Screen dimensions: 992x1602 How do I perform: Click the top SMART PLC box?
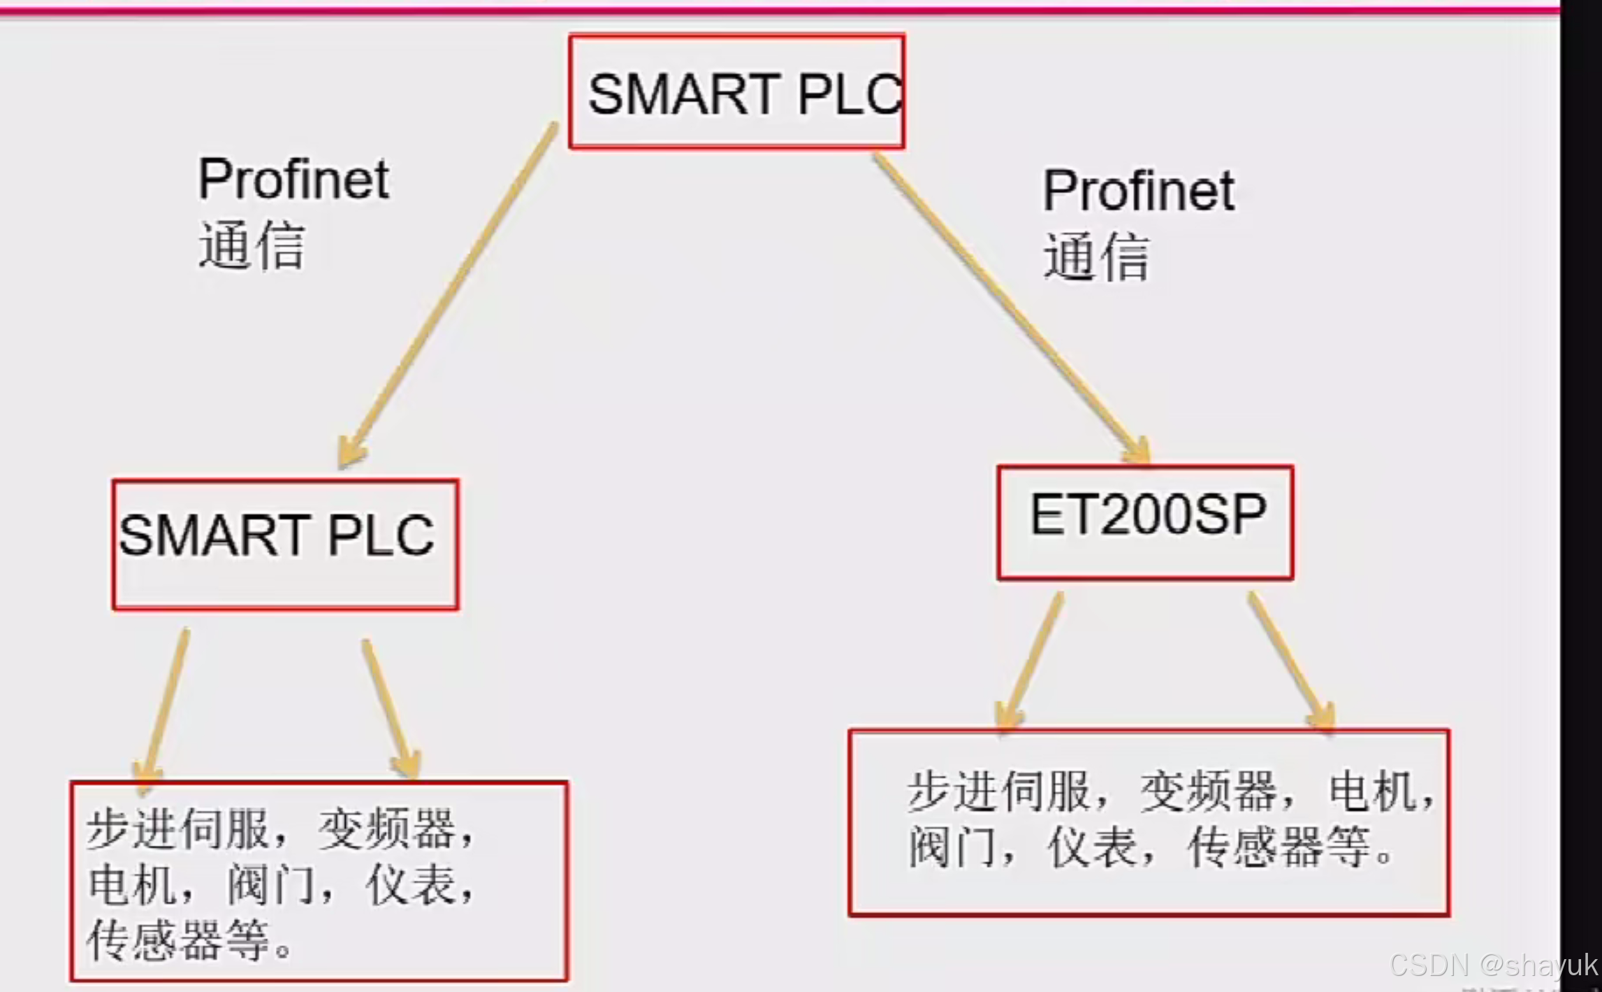[x=737, y=92]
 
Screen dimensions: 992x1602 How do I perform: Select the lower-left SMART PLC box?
[x=285, y=544]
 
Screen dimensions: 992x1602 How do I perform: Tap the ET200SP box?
[x=1145, y=522]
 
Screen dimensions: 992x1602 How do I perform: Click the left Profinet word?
[x=293, y=180]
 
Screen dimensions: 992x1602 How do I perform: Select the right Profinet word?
[x=1138, y=191]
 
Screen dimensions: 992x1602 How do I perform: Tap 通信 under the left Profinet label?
[x=252, y=245]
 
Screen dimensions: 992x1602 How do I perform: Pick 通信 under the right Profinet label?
[x=1096, y=257]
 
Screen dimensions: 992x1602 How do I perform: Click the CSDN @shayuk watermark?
[x=1493, y=965]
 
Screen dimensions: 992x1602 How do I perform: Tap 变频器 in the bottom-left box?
[x=386, y=829]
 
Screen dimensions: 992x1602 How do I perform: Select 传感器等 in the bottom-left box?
[x=178, y=939]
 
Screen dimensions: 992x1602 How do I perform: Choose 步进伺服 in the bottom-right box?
[x=998, y=791]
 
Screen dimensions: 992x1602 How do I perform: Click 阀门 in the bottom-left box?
[x=270, y=884]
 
